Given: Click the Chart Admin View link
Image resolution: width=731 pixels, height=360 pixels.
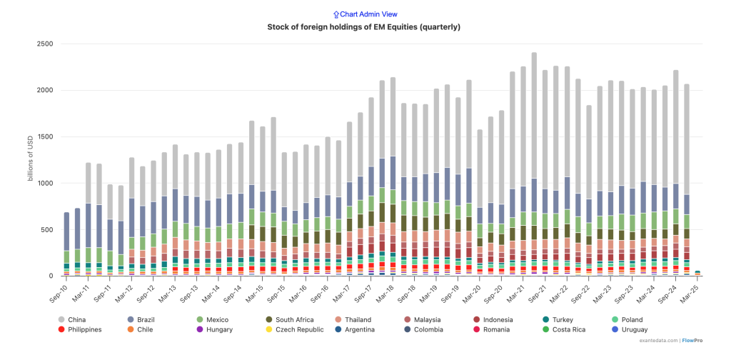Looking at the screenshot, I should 365,14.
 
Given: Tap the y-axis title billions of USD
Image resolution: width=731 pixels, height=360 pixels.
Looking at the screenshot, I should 31,159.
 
